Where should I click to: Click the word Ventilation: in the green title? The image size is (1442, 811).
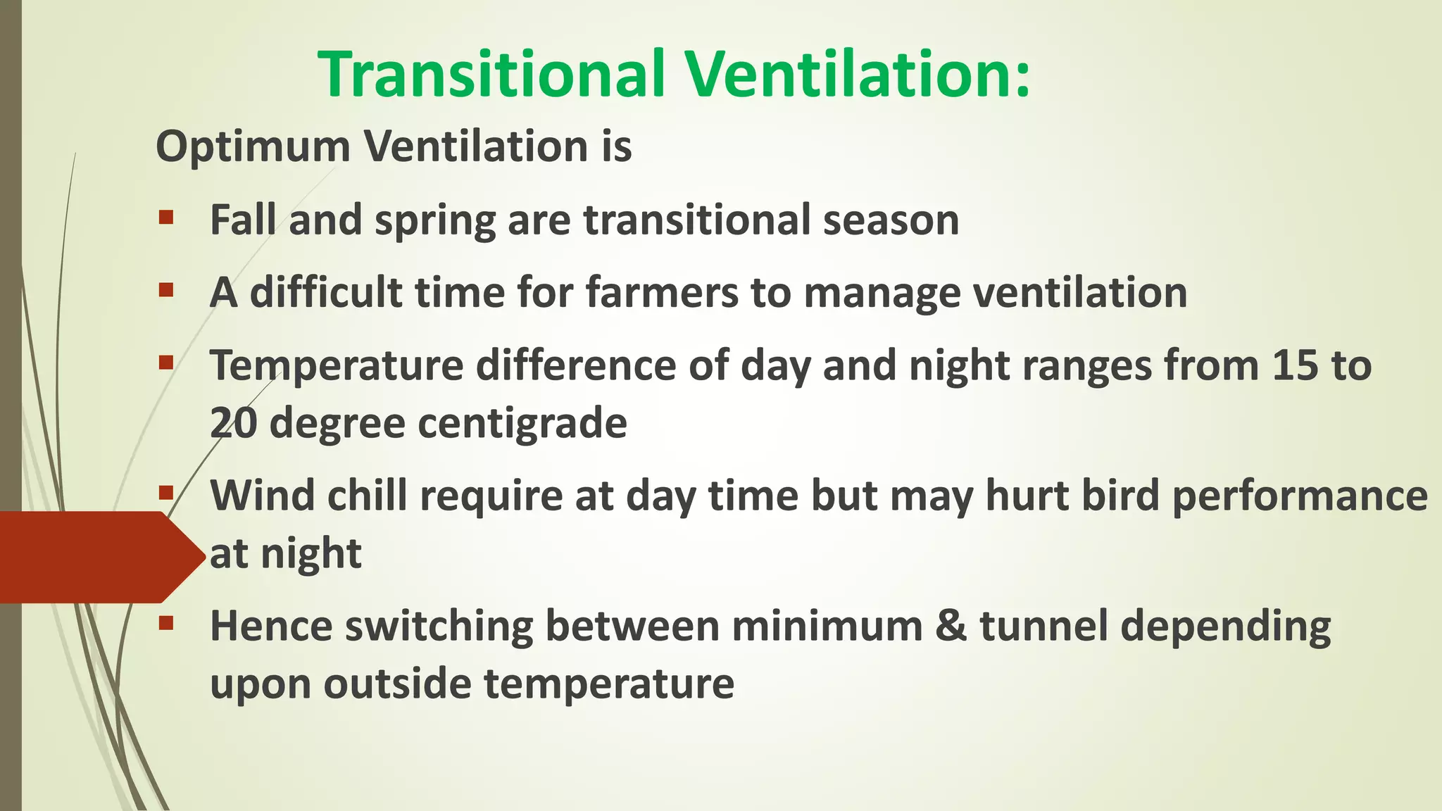click(859, 74)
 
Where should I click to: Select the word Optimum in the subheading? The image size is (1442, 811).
click(253, 147)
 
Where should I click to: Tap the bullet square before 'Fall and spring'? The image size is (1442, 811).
click(166, 217)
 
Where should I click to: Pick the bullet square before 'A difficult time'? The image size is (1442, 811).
click(166, 289)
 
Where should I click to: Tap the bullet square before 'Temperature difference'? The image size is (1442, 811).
click(166, 363)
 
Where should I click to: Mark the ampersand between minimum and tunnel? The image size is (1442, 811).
click(951, 626)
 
